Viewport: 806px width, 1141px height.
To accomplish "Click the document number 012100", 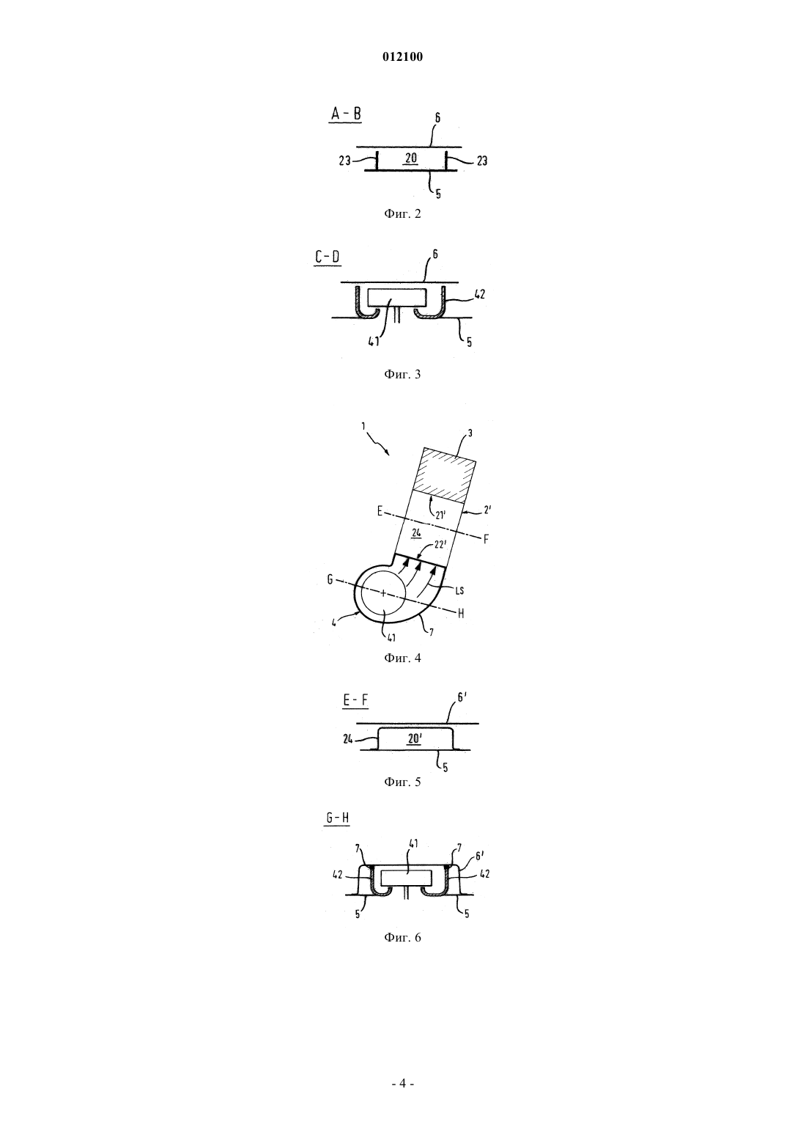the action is point(402,57).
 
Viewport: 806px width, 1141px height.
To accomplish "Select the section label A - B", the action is point(346,114).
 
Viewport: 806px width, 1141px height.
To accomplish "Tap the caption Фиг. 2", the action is point(402,213).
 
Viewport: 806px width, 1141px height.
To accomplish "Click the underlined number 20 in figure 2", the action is point(411,158).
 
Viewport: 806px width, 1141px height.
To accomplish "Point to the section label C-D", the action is point(328,257).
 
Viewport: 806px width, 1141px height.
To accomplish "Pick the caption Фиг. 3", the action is point(402,375).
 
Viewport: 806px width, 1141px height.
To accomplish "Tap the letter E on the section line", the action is point(380,511).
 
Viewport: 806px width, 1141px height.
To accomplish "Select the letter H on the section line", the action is point(461,614).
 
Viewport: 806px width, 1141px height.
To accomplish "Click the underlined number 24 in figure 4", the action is point(416,533).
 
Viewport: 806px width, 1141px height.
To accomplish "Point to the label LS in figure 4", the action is point(459,590).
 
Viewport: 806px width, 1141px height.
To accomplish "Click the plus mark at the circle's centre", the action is point(383,592).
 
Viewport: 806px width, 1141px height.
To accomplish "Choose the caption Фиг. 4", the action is point(402,658).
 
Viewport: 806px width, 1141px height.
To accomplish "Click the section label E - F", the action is point(355,700).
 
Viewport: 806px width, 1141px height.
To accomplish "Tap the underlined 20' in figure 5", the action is point(414,738).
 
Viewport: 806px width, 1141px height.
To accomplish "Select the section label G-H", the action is point(337,818).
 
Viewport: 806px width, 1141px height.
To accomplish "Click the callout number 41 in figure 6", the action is point(412,843).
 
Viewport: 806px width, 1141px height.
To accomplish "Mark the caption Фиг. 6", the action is point(402,938).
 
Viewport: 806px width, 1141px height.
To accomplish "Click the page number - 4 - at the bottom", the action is point(402,1084).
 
